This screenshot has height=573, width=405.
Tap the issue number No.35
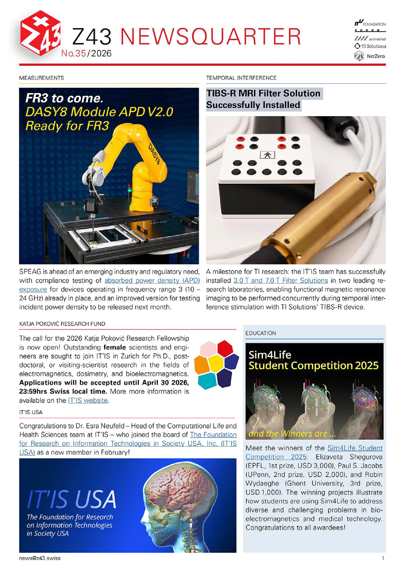73,53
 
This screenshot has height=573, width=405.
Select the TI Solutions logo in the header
370,46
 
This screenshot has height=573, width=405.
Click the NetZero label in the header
376,56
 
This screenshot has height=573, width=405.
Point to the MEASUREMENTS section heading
42,78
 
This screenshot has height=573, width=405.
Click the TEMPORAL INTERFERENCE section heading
241,78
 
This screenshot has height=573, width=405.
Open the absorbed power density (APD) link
152,280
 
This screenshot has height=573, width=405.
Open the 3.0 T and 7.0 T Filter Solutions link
281,280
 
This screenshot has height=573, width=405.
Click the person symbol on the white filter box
267,155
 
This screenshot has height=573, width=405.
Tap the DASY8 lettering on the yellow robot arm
154,154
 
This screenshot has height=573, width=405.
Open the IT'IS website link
88,400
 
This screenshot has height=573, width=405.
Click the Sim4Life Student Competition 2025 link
355,448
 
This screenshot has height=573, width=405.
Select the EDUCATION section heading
261,333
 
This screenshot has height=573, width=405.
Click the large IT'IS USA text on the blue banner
72,499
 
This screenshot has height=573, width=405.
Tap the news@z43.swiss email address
40,558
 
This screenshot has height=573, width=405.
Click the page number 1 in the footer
383,558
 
